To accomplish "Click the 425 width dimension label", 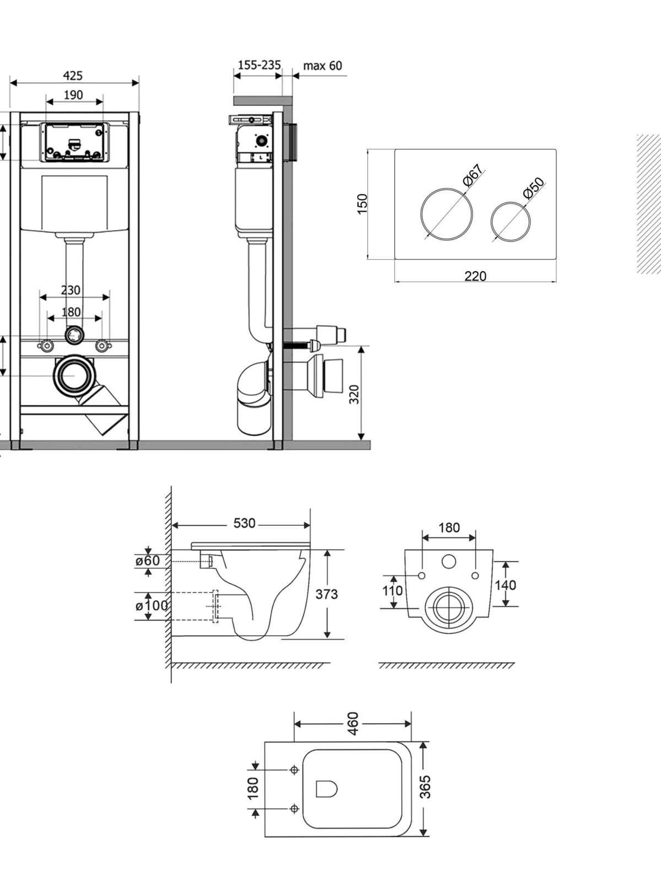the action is tap(73, 76).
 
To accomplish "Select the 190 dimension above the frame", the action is tap(73, 95).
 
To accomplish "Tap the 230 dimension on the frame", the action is tap(71, 290).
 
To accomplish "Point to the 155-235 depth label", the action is tap(259, 64).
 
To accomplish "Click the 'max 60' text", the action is tap(323, 65).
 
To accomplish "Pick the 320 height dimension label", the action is tap(354, 394).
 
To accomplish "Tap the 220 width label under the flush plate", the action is tap(475, 276).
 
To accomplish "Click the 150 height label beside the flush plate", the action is tap(362, 204).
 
